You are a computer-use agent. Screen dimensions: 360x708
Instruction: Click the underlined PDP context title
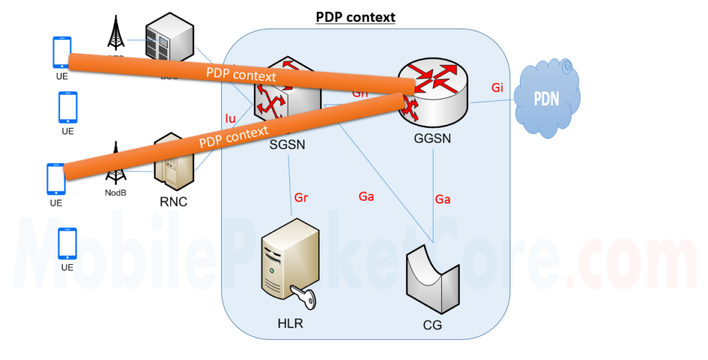[355, 16]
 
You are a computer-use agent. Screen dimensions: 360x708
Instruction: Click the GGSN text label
[432, 138]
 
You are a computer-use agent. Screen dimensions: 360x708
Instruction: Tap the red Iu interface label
[230, 118]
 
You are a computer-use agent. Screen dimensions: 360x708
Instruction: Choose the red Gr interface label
[301, 198]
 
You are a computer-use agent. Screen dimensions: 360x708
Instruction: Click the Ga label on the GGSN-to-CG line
[442, 199]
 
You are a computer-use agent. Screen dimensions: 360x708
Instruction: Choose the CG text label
[432, 325]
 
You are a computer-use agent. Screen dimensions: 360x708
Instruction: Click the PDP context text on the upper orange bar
[241, 75]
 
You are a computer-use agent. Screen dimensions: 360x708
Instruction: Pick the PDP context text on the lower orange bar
[233, 138]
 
